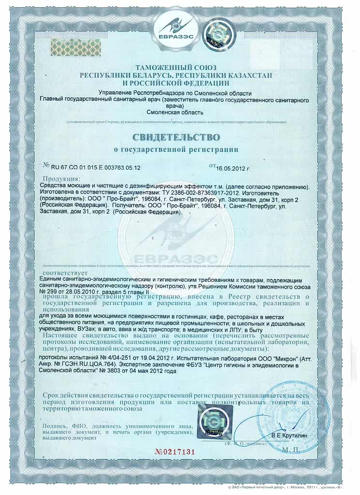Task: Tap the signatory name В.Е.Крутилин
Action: tap(288, 436)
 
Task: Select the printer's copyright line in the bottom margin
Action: tap(299, 489)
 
